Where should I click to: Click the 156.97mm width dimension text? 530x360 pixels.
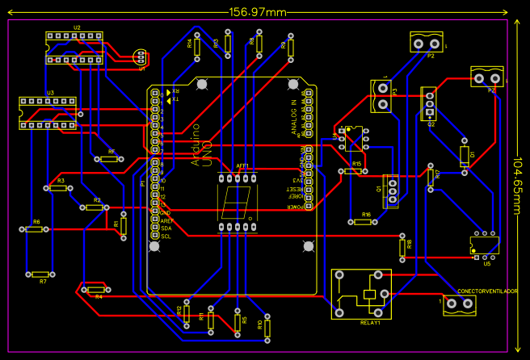click(258, 11)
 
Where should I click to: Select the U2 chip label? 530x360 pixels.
click(77, 27)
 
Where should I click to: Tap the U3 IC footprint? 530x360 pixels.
click(48, 113)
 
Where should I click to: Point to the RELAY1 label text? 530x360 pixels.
click(370, 322)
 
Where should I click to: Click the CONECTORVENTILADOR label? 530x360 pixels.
click(487, 291)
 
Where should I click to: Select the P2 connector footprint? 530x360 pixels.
click(427, 42)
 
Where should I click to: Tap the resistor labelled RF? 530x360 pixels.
click(110, 159)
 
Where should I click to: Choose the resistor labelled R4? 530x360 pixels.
click(95, 289)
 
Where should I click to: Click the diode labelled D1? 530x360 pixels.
click(464, 155)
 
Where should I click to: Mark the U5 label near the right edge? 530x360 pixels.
click(486, 264)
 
